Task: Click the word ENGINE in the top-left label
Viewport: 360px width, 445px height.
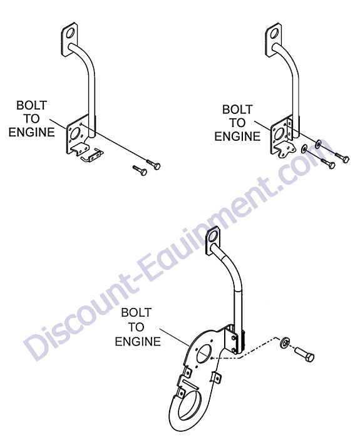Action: (31, 132)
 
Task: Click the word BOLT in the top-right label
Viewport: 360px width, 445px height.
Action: (237, 110)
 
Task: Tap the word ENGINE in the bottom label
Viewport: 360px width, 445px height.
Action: (138, 341)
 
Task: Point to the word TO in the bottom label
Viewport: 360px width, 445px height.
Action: (136, 327)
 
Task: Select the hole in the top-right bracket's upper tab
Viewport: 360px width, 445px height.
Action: (275, 33)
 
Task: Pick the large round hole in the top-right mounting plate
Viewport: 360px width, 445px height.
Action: (279, 134)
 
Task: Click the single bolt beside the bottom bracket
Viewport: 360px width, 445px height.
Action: (304, 355)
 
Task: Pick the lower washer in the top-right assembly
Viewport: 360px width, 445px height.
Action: (305, 148)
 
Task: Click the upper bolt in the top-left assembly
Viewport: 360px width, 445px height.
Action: (153, 164)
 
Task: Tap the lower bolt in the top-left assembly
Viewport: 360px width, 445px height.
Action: (140, 170)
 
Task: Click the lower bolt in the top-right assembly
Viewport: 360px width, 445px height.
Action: (328, 163)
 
